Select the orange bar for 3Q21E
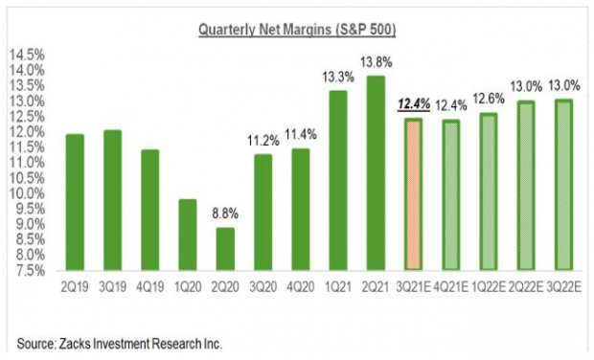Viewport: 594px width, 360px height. (x=411, y=194)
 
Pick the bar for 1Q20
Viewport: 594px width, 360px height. (x=187, y=234)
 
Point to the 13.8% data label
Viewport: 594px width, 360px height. (x=374, y=61)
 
